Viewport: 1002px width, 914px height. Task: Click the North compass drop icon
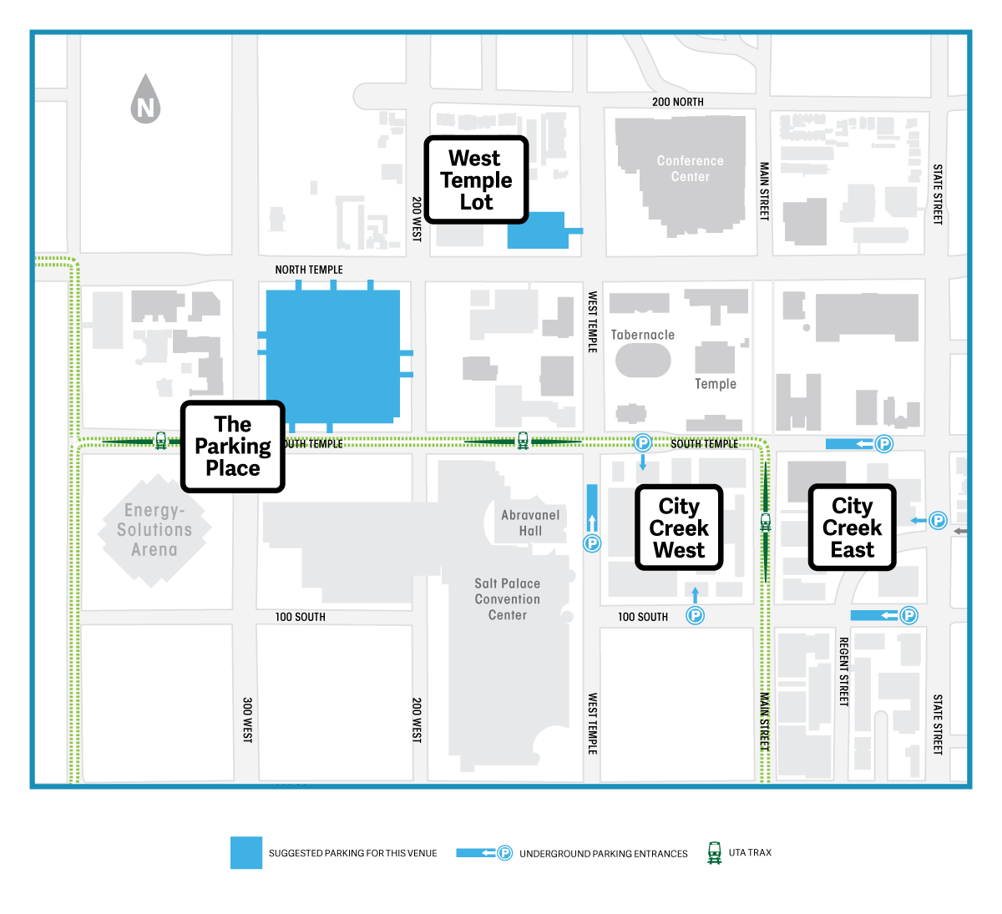pos(145,100)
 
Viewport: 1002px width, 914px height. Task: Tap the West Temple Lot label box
pos(476,180)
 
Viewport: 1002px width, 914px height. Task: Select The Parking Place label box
pos(233,447)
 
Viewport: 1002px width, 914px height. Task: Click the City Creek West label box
pos(679,528)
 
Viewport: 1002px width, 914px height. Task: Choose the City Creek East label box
pos(852,528)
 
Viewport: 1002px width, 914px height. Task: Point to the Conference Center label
pos(690,169)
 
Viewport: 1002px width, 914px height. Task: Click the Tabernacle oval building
pos(643,361)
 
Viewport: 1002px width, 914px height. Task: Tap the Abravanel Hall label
pos(530,523)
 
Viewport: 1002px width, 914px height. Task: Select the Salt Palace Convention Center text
pos(508,599)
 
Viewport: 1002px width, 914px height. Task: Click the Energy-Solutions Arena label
pos(154,530)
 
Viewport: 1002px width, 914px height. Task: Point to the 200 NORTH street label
pos(677,102)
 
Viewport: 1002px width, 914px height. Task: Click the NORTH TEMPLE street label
pos(309,270)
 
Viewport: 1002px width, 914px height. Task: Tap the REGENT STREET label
pos(843,671)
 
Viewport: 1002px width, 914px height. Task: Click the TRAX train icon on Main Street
pos(765,523)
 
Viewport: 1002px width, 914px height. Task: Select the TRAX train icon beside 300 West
pos(160,440)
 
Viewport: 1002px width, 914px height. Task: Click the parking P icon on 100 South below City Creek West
pos(695,616)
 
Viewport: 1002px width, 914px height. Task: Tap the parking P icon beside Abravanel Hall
pos(592,543)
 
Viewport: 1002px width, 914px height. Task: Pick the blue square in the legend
pos(246,853)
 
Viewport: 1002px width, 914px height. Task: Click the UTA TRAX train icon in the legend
pos(714,852)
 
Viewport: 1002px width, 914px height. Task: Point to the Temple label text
pos(716,384)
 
